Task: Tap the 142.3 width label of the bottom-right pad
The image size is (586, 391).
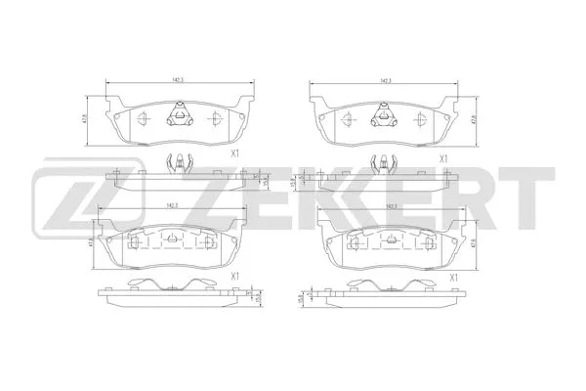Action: pos(392,207)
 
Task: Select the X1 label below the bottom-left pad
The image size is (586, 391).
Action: pos(234,277)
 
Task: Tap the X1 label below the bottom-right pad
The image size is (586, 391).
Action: pos(454,278)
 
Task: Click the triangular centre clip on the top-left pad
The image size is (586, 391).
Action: pos(179,115)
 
